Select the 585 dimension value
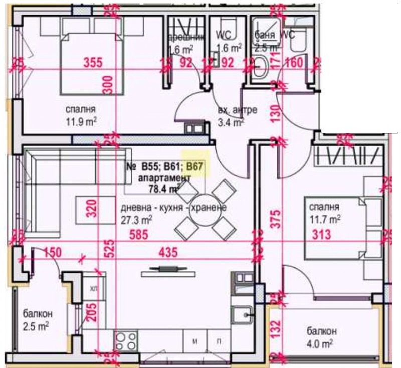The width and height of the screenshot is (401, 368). [139, 233]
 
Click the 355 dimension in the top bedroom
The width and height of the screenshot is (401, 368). [93, 63]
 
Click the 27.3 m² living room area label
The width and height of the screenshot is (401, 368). [137, 219]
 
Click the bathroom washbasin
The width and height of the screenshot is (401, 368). [261, 66]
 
